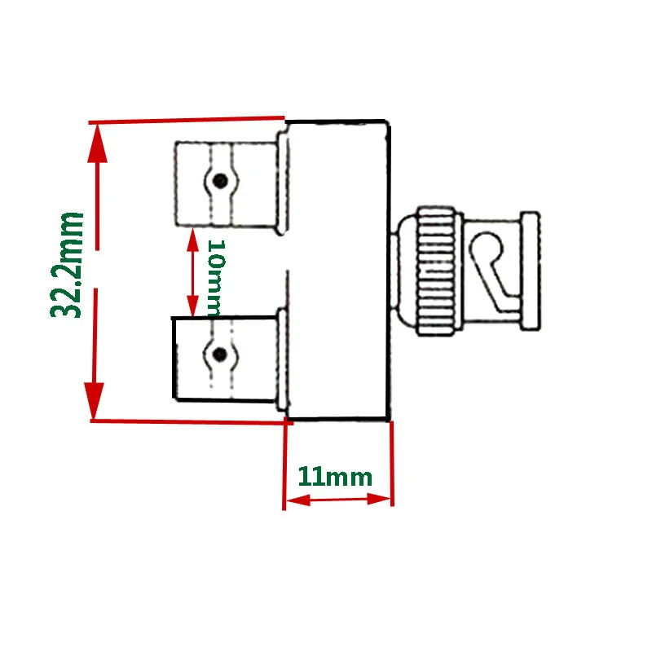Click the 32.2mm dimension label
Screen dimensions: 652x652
pos(68,265)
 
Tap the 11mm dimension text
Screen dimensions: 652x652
pos(335,477)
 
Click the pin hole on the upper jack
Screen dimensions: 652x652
pos(218,180)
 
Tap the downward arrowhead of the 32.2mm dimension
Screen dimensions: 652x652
pos(96,399)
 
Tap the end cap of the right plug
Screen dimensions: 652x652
pos(530,271)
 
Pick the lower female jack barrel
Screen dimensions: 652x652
pos(224,359)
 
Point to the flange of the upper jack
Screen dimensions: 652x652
pos(280,183)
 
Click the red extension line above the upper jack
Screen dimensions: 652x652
pos(187,121)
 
